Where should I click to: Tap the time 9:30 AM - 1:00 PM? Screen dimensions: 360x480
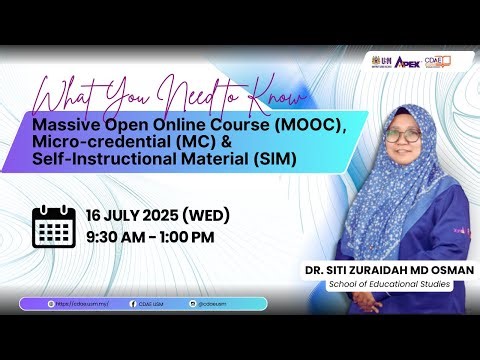click(x=150, y=237)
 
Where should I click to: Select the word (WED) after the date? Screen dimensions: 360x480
click(x=205, y=216)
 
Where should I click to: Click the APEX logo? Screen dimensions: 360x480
click(x=407, y=62)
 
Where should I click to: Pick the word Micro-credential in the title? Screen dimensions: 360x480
click(x=104, y=143)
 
